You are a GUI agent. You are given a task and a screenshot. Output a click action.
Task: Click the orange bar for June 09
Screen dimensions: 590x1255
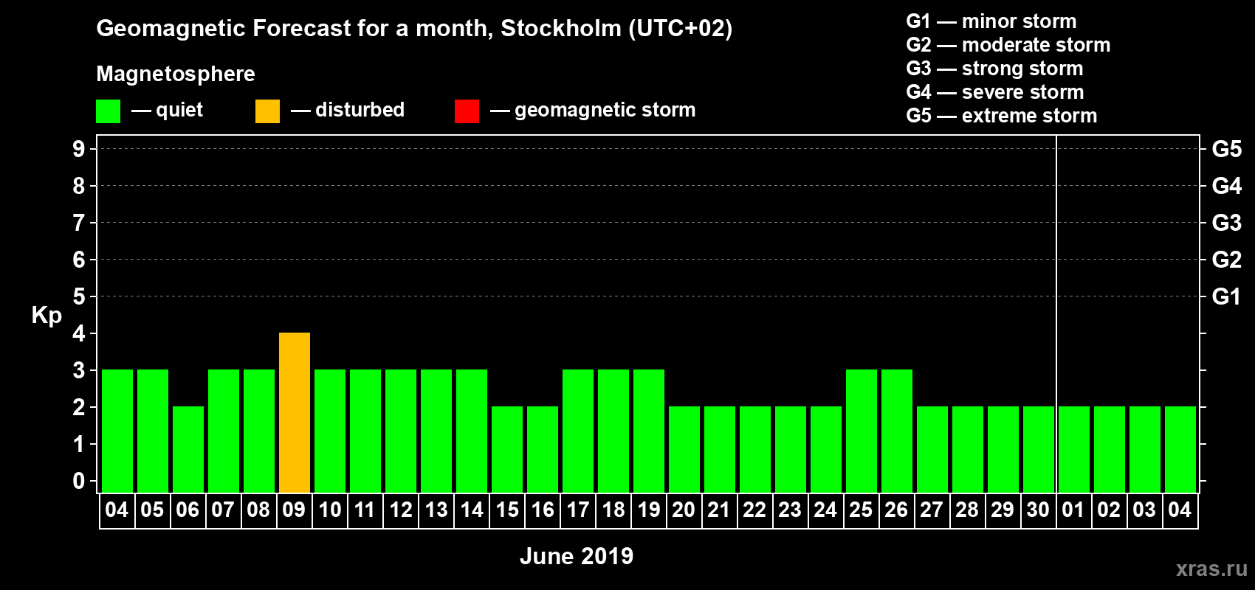(295, 412)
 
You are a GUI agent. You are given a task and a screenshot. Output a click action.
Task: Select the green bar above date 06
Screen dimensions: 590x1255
(188, 449)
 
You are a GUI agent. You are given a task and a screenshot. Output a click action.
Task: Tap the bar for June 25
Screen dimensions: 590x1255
(862, 431)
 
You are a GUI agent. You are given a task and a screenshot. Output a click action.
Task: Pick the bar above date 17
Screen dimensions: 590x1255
(578, 431)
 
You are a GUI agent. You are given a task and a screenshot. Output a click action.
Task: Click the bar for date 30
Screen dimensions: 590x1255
(1039, 449)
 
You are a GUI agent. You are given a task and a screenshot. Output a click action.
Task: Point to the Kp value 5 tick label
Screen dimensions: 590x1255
(79, 296)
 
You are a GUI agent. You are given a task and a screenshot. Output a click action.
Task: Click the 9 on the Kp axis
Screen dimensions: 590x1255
(79, 149)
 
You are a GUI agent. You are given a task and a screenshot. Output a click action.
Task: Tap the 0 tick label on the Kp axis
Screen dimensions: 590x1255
(79, 481)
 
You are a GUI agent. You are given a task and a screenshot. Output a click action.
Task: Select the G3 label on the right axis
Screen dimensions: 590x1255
(1226, 223)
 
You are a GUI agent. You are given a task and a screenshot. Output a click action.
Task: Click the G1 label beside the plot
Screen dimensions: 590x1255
(1226, 296)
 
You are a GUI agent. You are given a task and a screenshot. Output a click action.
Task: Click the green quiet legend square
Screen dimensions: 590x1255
(108, 111)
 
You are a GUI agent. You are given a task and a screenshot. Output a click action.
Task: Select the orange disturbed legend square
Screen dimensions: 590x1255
(267, 111)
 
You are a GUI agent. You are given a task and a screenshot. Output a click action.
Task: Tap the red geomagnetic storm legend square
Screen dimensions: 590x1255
(467, 111)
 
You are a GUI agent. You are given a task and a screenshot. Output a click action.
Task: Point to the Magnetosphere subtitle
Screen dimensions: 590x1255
(176, 74)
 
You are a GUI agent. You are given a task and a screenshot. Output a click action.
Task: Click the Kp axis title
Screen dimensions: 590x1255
(47, 316)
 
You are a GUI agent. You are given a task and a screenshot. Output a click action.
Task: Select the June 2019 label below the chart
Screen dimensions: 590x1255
(577, 556)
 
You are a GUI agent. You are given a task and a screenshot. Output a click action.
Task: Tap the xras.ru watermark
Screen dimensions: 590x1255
(1211, 569)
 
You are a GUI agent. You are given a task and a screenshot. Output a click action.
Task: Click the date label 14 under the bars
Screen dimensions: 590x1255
(472, 510)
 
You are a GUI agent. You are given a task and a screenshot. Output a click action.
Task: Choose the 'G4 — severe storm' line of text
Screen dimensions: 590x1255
(995, 92)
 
